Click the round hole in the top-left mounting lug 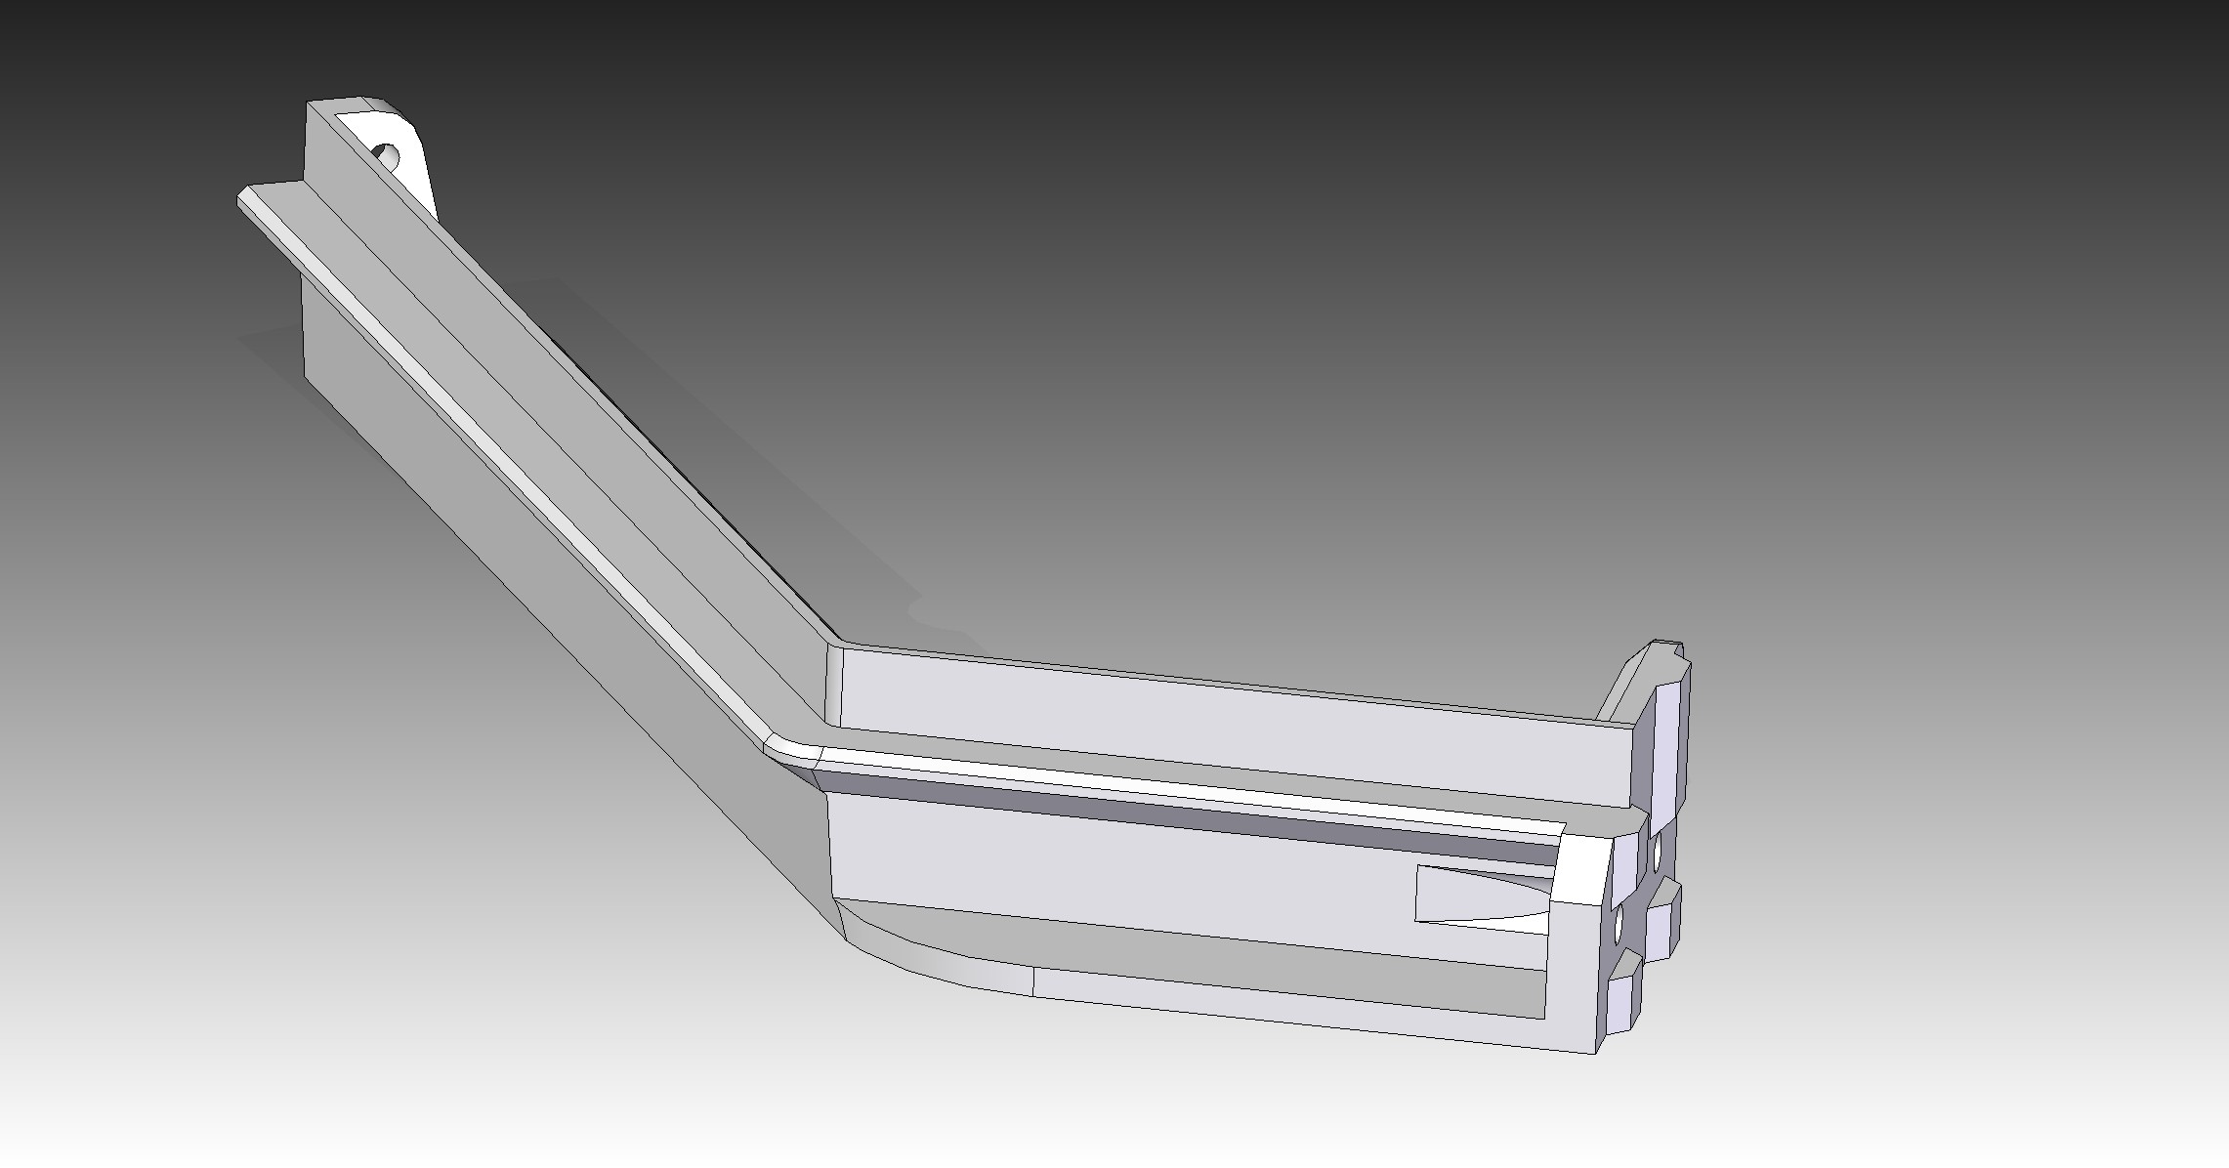click(x=388, y=154)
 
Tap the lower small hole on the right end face click(x=1619, y=924)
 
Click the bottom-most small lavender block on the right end click(x=1621, y=1004)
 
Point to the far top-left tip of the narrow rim click(x=244, y=199)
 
